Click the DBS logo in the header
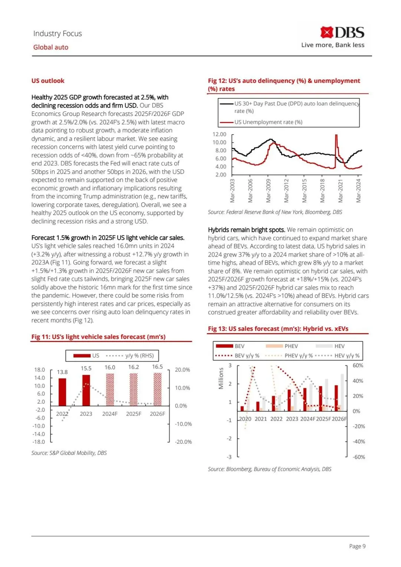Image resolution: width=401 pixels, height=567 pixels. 342,33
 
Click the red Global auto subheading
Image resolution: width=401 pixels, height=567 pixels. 51,47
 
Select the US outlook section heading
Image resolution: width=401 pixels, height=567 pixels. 48,81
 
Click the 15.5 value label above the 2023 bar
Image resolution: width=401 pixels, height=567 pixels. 86,368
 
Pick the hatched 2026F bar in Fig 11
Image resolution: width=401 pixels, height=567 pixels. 157,389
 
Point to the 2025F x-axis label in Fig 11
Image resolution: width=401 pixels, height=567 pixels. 134,414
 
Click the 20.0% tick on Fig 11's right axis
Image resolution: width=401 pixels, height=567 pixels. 182,370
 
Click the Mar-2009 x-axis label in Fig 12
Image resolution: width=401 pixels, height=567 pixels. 268,191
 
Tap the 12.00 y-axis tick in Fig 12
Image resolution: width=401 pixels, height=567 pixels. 219,134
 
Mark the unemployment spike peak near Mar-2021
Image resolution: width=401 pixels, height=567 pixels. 336,136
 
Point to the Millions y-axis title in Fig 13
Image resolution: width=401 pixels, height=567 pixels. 221,378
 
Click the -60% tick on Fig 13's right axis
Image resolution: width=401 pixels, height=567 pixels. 359,457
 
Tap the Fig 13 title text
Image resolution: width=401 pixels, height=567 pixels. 278,329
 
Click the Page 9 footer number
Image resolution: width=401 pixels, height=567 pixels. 357,546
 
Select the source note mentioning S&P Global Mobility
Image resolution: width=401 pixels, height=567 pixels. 69,453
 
